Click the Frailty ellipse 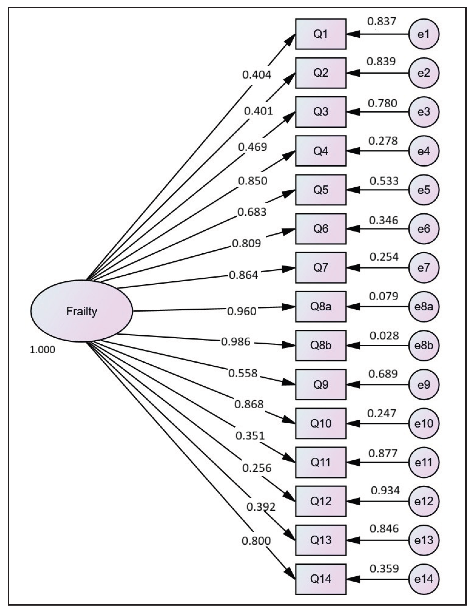point(81,311)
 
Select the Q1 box point(321,34)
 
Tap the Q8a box point(321,307)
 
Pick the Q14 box point(321,579)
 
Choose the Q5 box point(321,190)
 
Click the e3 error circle point(424,112)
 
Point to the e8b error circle point(424,345)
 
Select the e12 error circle point(424,501)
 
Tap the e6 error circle point(424,229)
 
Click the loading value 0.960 point(242,311)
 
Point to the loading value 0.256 point(257,468)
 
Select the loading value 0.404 point(257,75)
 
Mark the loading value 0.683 point(252,212)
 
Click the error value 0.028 point(384,336)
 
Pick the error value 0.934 point(385,490)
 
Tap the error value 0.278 point(383,141)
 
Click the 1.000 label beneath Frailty point(42,349)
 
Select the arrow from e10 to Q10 point(378,424)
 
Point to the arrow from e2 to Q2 point(378,73)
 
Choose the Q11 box point(321,462)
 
